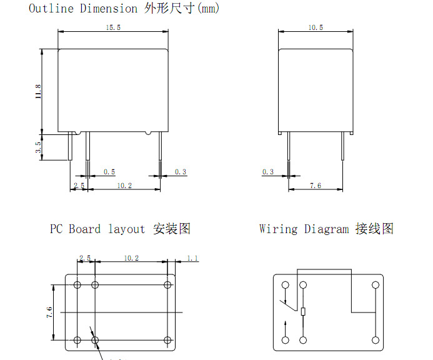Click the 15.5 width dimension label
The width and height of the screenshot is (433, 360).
pos(113,27)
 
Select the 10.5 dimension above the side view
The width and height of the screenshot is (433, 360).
pos(316,27)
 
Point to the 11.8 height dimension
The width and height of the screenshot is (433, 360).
pos(38,91)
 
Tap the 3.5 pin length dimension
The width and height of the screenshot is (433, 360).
pos(38,147)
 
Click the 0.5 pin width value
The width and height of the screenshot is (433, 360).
pos(109,171)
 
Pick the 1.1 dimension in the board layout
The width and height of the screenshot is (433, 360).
pos(192,258)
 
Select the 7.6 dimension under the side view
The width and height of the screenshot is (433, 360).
pos(316,186)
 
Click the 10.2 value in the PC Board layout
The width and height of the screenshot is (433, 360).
pos(131,258)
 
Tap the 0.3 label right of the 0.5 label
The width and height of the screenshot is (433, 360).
pos(180,171)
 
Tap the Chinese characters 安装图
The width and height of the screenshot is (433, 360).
pos(172,229)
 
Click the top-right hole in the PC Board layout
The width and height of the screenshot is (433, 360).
pos(167,285)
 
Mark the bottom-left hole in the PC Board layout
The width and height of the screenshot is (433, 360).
pos(77,340)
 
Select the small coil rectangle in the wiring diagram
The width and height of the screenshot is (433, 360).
pos(303,312)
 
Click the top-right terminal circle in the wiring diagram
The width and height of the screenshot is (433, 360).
pos(375,285)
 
